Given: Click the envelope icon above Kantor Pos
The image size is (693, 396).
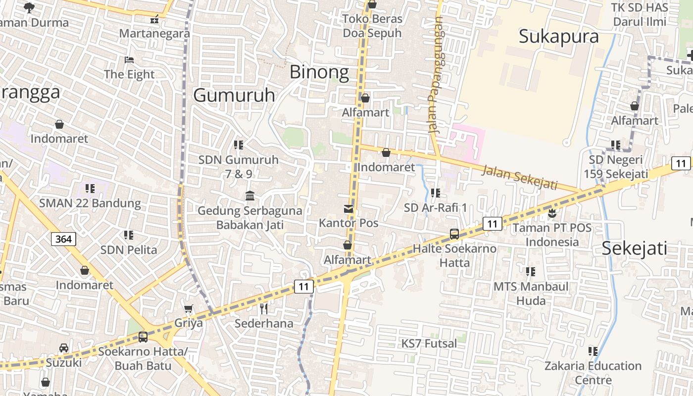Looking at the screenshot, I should pos(348,209).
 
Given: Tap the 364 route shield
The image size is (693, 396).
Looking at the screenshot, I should pos(63,239).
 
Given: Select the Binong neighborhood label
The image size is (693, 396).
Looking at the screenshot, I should pos(319,72).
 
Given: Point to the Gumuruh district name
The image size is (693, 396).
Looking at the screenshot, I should pos(234,95).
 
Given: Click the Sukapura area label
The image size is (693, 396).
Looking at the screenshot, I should pos(558,36).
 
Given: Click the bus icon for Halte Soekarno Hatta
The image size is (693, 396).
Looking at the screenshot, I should pos(454,234).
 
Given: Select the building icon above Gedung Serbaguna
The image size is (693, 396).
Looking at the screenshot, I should pos(250,196).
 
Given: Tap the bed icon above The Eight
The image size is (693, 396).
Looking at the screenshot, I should pos(129,60).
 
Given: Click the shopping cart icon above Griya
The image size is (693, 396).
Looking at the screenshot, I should pos(188,309).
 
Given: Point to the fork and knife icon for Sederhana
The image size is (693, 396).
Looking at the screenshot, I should pos(264,309).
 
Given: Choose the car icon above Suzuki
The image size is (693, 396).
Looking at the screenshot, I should pos(64,348).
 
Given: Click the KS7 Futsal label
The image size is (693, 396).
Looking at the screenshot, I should pos(429,343).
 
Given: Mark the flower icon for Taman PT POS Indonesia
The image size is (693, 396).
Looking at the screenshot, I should pos(552,213).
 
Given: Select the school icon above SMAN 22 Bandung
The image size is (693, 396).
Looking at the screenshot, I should pos(90,188).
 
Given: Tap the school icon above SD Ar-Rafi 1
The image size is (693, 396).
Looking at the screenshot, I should pos(435,193).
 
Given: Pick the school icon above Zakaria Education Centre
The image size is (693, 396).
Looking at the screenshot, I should pos(593,351).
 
